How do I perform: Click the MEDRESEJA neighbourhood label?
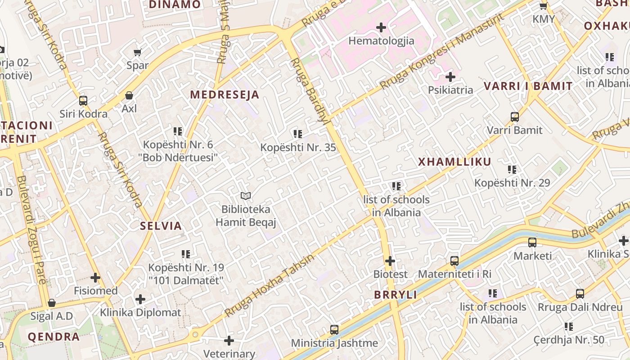(x=225, y=95)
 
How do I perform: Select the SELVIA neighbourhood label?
(x=161, y=226)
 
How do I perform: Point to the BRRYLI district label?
(x=396, y=295)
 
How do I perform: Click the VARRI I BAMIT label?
(x=528, y=86)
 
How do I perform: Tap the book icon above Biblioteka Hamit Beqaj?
(x=245, y=196)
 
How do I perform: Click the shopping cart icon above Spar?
(x=138, y=52)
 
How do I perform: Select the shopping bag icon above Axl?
(x=129, y=95)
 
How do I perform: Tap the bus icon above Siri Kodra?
(x=83, y=100)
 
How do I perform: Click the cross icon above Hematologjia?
(x=381, y=27)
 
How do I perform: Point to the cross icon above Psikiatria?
(x=450, y=77)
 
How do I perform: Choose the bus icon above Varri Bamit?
(x=515, y=117)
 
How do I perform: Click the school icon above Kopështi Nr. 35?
(x=297, y=134)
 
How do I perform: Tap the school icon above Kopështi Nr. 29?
(x=512, y=170)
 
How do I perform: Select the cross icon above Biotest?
(x=390, y=261)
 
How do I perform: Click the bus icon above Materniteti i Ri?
(x=454, y=261)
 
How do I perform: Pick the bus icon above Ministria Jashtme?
(x=334, y=329)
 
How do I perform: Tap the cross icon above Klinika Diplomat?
(x=140, y=299)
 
